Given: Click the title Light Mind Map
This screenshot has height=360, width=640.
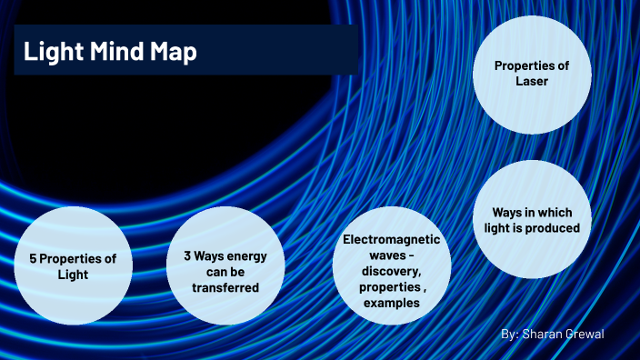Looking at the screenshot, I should (109, 53).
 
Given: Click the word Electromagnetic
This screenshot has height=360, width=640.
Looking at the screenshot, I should (391, 240).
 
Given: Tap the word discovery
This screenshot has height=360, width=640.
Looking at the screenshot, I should (391, 271).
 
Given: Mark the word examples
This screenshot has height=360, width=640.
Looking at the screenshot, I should (391, 303).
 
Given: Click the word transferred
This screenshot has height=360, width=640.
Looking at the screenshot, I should (226, 288).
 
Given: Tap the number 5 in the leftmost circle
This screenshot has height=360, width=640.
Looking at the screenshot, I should (33, 259).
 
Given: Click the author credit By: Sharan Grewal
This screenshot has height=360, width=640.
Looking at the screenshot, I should (552, 335).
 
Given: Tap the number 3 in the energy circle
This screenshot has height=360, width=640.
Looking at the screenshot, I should (175, 256).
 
